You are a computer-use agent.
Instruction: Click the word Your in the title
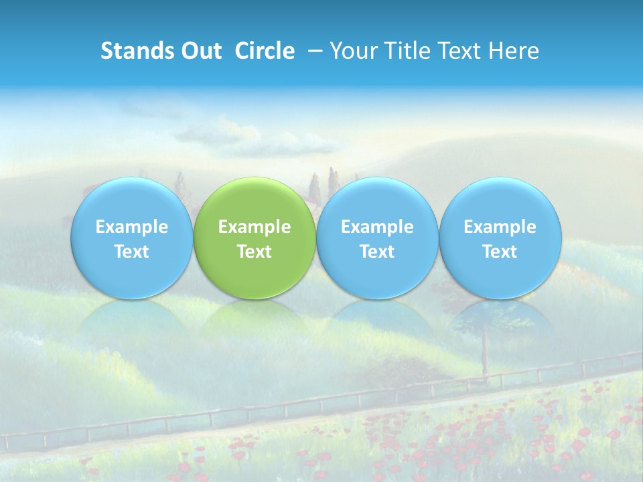350,51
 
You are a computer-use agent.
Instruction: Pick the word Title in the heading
400,51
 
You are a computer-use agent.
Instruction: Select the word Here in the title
512,51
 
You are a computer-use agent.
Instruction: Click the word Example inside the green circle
255,227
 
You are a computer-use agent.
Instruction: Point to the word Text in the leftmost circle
131,252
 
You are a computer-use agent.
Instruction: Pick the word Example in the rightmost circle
500,227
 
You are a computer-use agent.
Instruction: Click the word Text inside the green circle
255,252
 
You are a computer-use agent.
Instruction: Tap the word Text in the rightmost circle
500,252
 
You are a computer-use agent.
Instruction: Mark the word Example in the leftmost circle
131,227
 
